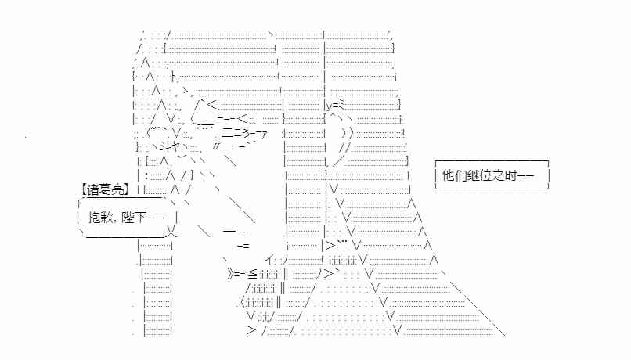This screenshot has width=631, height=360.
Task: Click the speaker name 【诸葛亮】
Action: pyautogui.click(x=106, y=189)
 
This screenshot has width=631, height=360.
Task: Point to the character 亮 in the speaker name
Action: pyautogui.click(x=120, y=189)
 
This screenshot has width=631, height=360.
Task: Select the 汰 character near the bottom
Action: pyautogui.click(x=263, y=317)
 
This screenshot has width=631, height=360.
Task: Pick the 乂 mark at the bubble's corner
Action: pyautogui.click(x=171, y=232)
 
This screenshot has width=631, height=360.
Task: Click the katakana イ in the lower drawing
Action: pyautogui.click(x=269, y=260)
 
